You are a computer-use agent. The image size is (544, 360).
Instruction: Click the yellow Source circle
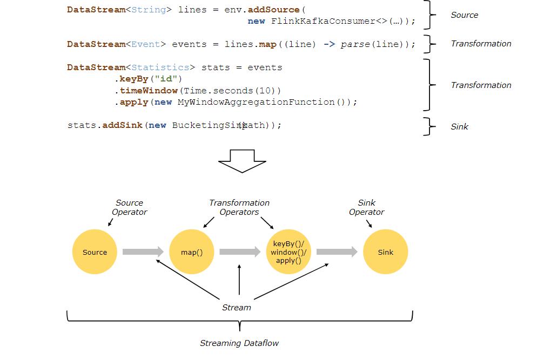[x=95, y=252]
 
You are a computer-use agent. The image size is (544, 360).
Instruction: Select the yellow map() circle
[x=192, y=252]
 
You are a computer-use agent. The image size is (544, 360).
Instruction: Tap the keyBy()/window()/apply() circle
[x=288, y=252]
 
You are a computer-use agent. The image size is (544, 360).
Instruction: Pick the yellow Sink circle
[x=386, y=252]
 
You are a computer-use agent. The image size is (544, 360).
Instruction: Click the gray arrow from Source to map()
[x=143, y=252]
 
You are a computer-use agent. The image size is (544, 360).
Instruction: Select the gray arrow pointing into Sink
[x=337, y=252]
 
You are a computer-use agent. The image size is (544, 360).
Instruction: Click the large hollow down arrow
[x=242, y=161]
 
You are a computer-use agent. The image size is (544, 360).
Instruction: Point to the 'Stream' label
[x=236, y=307]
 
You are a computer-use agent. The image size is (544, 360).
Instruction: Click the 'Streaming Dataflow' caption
[x=239, y=343]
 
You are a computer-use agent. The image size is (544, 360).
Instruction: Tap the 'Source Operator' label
[x=130, y=207]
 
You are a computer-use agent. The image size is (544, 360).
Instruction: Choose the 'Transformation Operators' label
[x=239, y=207]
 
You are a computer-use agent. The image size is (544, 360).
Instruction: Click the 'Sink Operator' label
[x=367, y=207]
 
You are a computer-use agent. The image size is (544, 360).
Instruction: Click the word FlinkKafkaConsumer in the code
[x=323, y=21]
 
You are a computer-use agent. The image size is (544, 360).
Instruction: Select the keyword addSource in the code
[x=273, y=10]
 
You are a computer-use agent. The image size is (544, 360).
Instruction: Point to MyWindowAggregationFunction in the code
[x=256, y=102]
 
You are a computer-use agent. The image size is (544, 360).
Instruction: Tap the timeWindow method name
[x=149, y=91]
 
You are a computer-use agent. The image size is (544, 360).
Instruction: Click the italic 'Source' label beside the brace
[x=464, y=15]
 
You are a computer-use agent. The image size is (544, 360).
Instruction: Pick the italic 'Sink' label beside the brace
[x=459, y=126]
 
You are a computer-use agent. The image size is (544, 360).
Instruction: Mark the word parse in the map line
[x=355, y=44]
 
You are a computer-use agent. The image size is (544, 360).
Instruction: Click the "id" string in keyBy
[x=166, y=79]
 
